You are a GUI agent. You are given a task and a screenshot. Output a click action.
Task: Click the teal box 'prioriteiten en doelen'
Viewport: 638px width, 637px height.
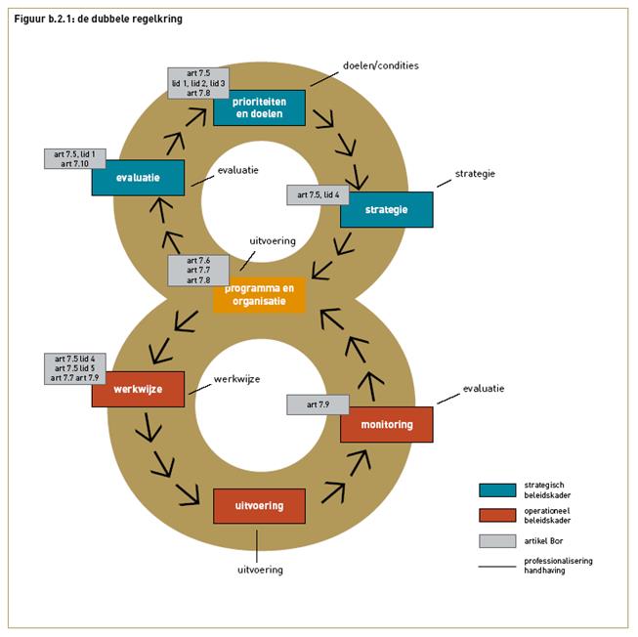(259, 108)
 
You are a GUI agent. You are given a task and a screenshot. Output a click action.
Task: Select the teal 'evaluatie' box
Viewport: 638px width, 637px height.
(139, 178)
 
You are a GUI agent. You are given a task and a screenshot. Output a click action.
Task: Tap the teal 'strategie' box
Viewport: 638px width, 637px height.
(386, 209)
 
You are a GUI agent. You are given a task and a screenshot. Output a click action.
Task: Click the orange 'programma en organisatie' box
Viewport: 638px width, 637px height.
(259, 295)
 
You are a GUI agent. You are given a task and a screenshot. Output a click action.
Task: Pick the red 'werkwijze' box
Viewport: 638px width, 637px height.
(138, 389)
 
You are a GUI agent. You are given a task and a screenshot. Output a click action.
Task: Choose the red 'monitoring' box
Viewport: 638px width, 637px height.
(386, 425)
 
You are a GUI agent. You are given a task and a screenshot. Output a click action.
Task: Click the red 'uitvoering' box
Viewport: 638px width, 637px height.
(259, 506)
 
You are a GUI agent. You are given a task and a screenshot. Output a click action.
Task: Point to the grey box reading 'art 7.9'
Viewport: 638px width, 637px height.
(319, 403)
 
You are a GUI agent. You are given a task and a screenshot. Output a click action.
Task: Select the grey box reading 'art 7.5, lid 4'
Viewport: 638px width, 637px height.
(319, 194)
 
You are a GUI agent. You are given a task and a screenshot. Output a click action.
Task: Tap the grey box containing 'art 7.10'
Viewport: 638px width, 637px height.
(75, 158)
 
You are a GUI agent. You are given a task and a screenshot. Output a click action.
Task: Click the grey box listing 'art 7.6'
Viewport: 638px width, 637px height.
(197, 271)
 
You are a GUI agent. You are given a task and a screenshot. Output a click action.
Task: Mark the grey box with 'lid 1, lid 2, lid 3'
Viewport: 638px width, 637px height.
(197, 84)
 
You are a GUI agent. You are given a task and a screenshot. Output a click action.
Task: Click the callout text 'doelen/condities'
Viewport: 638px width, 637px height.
(380, 65)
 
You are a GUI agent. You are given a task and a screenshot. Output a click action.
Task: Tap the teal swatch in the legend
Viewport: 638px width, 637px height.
(495, 490)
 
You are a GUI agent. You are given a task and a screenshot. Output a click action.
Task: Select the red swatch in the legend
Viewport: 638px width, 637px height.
(495, 515)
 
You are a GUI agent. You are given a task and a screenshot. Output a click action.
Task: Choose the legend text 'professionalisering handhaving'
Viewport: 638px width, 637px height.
(558, 566)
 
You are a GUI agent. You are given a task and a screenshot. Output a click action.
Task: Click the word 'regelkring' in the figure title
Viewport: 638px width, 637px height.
(155, 19)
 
